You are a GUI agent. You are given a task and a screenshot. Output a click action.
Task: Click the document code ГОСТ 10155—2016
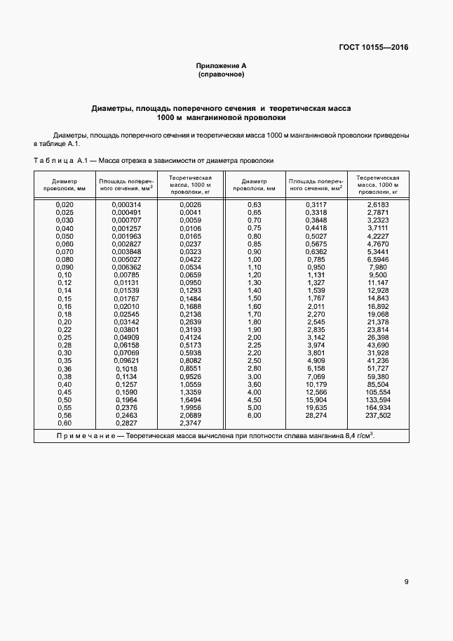pos(374,48)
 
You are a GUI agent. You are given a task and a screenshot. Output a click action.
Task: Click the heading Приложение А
pos(221,65)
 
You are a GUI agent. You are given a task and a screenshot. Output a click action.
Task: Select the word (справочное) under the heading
pos(221,74)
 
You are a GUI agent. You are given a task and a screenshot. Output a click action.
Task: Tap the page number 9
pos(406,581)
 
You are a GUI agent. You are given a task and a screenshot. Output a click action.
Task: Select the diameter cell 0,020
pos(65,204)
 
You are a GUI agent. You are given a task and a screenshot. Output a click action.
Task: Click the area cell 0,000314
pos(126,204)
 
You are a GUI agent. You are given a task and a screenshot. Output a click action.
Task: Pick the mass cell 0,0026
pos(190,204)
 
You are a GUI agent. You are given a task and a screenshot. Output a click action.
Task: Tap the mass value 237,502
pos(378,415)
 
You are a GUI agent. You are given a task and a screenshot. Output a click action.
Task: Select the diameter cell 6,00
pos(254,415)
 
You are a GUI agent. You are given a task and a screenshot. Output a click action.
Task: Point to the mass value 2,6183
pos(378,204)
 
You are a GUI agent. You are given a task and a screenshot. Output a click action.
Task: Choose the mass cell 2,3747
pos(190,423)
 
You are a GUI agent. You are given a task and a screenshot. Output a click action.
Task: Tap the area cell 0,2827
pos(126,423)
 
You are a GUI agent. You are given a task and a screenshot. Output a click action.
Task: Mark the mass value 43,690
pos(378,345)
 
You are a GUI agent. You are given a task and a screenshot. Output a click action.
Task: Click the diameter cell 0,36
pos(65,369)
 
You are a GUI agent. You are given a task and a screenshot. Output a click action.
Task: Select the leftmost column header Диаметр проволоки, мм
pos(65,184)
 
